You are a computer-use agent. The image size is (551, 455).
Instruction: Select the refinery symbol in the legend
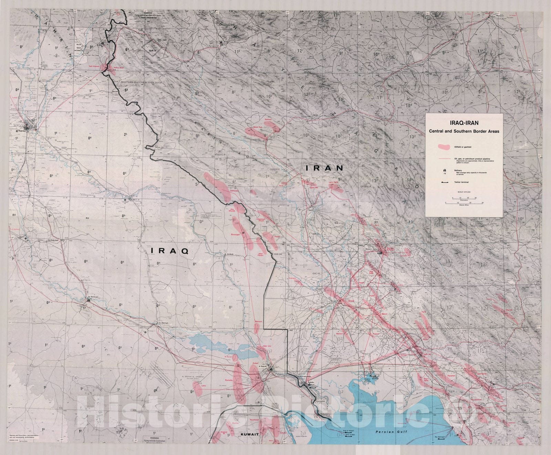pos(445,170)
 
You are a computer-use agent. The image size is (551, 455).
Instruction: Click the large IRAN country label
pos(325,168)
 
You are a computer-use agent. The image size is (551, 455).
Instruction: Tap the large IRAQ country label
pos(170,251)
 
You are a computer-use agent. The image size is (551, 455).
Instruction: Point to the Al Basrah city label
pos(263,366)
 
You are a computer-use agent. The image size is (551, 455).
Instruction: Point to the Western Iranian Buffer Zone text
pos(142,83)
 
